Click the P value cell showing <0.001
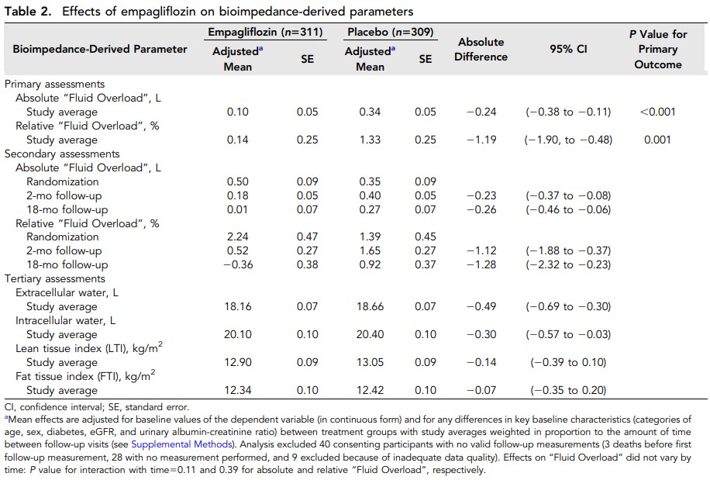pyautogui.click(x=657, y=112)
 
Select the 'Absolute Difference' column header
pyautogui.click(x=481, y=49)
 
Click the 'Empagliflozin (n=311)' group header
pyautogui.click(x=264, y=33)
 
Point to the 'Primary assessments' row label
pyautogui.click(x=54, y=84)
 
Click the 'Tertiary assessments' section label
pyautogui.click(x=54, y=278)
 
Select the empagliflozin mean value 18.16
pyautogui.click(x=237, y=306)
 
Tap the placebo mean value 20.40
pyautogui.click(x=370, y=334)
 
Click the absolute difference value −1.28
pyautogui.click(x=481, y=264)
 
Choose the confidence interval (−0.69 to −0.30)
pyautogui.click(x=567, y=306)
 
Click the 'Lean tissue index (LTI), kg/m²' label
pyautogui.click(x=85, y=348)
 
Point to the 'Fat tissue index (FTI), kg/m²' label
pyautogui.click(x=85, y=376)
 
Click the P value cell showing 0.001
pyautogui.click(x=657, y=140)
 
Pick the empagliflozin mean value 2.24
pyautogui.click(x=237, y=237)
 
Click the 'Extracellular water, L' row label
pyautogui.click(x=67, y=292)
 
